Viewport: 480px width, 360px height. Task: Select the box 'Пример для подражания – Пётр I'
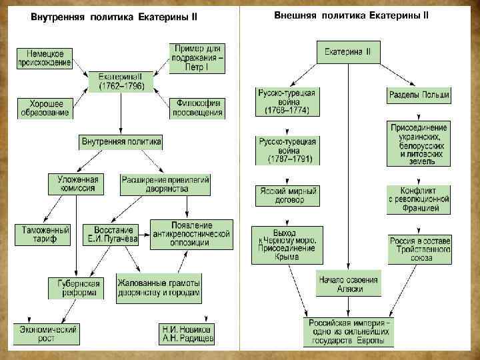(197, 57)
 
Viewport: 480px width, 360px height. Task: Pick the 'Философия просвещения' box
(197, 108)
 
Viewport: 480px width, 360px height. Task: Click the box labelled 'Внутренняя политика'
(121, 142)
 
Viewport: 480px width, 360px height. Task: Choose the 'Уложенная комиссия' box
(77, 183)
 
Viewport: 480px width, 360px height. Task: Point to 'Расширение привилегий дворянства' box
(166, 183)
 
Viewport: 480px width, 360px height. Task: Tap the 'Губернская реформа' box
(75, 287)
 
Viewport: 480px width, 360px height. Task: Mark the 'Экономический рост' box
(47, 333)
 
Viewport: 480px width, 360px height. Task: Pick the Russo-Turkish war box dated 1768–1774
(287, 101)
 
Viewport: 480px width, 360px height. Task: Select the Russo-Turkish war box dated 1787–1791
(287, 151)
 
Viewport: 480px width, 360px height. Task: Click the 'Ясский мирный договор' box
(287, 195)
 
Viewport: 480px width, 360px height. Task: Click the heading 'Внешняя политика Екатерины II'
(351, 15)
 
